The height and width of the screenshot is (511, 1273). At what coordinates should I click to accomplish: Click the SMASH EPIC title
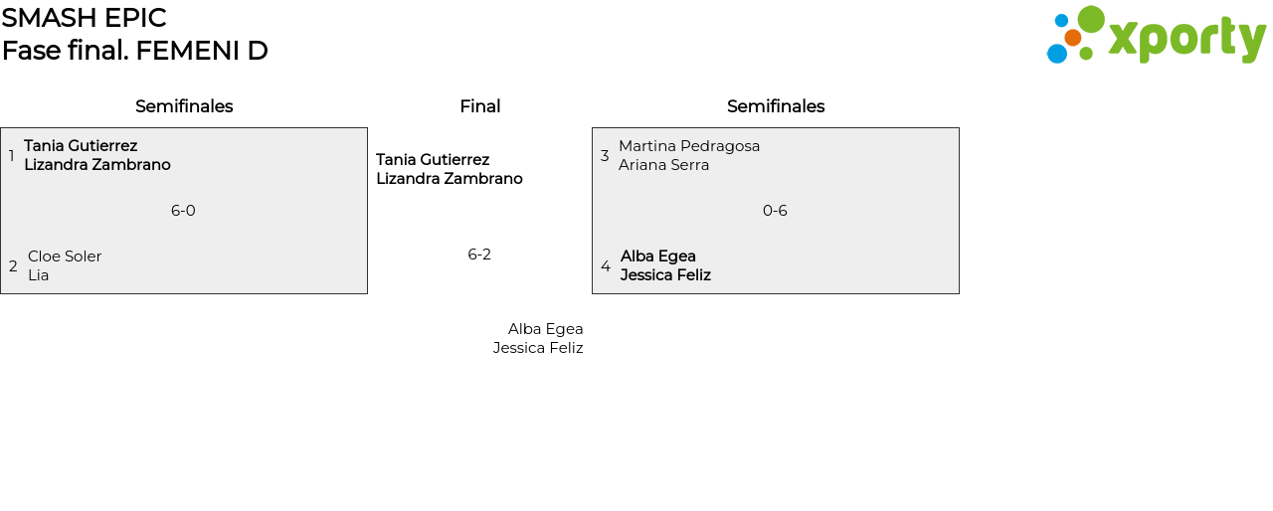pos(85,18)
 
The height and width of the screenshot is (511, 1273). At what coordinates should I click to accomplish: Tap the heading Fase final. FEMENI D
pos(134,51)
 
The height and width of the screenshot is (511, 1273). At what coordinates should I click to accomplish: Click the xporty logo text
pos(1186,40)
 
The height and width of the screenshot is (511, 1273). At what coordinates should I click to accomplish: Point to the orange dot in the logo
pos(1072,38)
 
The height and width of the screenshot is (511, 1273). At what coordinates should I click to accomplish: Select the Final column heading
pos(479,106)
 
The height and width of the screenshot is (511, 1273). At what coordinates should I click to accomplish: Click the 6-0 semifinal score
pos(183,211)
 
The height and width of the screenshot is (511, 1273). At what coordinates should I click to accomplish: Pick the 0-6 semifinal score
pos(775,211)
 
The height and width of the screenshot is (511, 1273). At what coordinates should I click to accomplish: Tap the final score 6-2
pos(479,255)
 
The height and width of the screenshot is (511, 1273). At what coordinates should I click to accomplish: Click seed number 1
pos(11,155)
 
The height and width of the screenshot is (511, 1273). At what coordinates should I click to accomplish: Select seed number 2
pos(13,266)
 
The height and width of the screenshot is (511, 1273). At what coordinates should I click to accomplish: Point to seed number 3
pos(605,155)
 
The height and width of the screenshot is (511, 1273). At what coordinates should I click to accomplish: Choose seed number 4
pos(606,266)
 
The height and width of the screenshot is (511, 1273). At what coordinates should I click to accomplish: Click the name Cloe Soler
pos(65,256)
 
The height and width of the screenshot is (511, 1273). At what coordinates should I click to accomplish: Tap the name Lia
pos(38,275)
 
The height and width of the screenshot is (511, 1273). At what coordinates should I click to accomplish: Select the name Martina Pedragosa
pos(689,146)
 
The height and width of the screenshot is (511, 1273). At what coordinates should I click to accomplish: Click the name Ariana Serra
pos(663,165)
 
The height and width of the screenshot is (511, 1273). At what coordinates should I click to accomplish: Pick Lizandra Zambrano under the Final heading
pos(450,179)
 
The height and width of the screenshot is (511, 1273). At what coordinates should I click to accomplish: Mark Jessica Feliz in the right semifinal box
pos(665,275)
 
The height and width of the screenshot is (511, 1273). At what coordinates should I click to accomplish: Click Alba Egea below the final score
pos(546,329)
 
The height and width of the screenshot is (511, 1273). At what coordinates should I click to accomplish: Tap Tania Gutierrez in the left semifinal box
pos(81,146)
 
